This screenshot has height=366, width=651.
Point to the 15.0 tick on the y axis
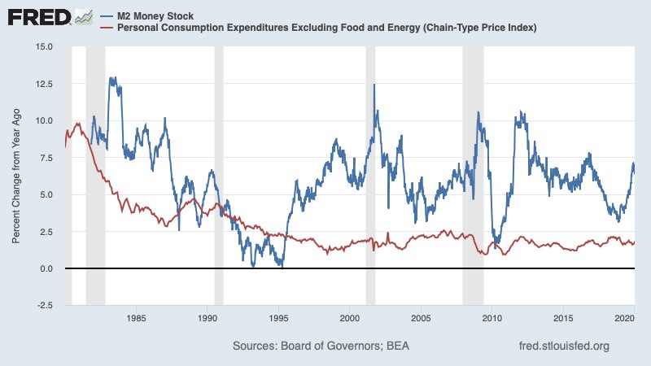point(44,46)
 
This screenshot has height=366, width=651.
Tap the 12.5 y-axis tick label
point(44,84)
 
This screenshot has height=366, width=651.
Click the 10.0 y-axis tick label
point(44,120)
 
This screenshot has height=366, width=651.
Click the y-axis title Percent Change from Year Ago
point(16,176)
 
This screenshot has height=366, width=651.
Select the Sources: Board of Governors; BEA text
point(321,346)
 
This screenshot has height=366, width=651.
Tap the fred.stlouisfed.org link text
point(564,346)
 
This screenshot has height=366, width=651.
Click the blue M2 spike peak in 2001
point(374,85)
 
